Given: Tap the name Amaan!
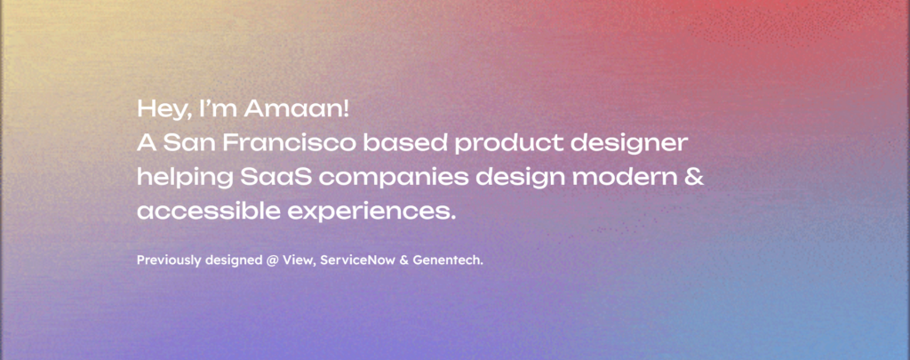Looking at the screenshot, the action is pyautogui.click(x=297, y=108).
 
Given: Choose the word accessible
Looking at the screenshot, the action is pyautogui.click(x=208, y=212).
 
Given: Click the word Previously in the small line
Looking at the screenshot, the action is pyautogui.click(x=170, y=260).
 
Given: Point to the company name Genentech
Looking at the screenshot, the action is pyautogui.click(x=448, y=260).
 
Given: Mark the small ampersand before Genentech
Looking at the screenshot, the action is pyautogui.click(x=404, y=260).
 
